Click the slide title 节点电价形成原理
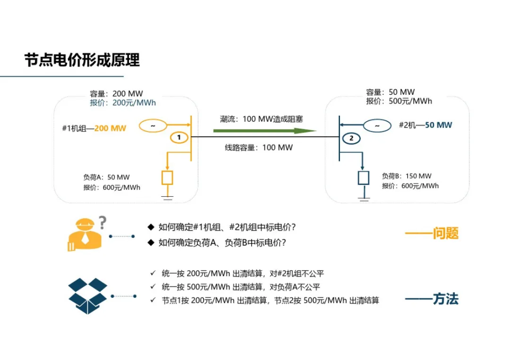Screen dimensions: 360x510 click(82, 60)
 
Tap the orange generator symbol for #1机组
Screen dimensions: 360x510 click(153, 126)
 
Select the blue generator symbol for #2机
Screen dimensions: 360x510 click(377, 126)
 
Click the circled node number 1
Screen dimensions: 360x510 click(179, 138)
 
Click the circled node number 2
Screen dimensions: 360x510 click(350, 138)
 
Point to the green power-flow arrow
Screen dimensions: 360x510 click(264, 131)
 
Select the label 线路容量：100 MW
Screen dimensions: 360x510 click(259, 148)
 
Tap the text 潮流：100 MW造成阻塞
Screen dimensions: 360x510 click(261, 119)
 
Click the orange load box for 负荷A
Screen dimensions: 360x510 click(167, 177)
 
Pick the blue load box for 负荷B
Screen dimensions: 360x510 click(363, 177)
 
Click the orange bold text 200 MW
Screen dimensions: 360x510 click(110, 128)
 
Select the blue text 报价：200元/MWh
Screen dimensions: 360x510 click(123, 103)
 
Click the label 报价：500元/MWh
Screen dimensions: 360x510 click(399, 101)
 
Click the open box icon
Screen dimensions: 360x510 click(88, 295)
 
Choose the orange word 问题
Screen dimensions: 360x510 click(445, 234)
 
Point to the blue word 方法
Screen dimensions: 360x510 click(445, 299)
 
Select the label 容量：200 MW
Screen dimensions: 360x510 click(116, 94)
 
